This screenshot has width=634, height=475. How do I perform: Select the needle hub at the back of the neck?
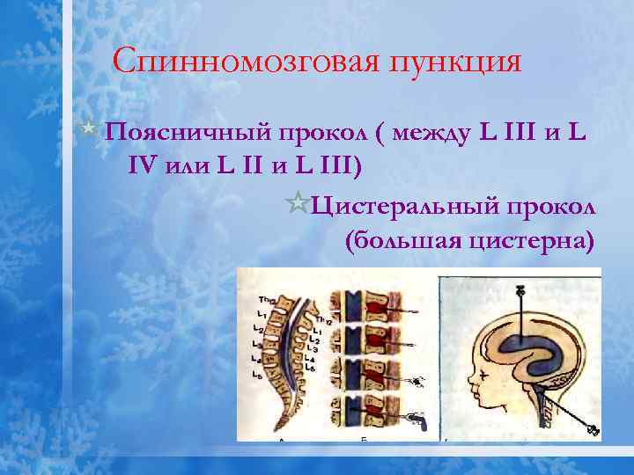coord(593,431)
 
